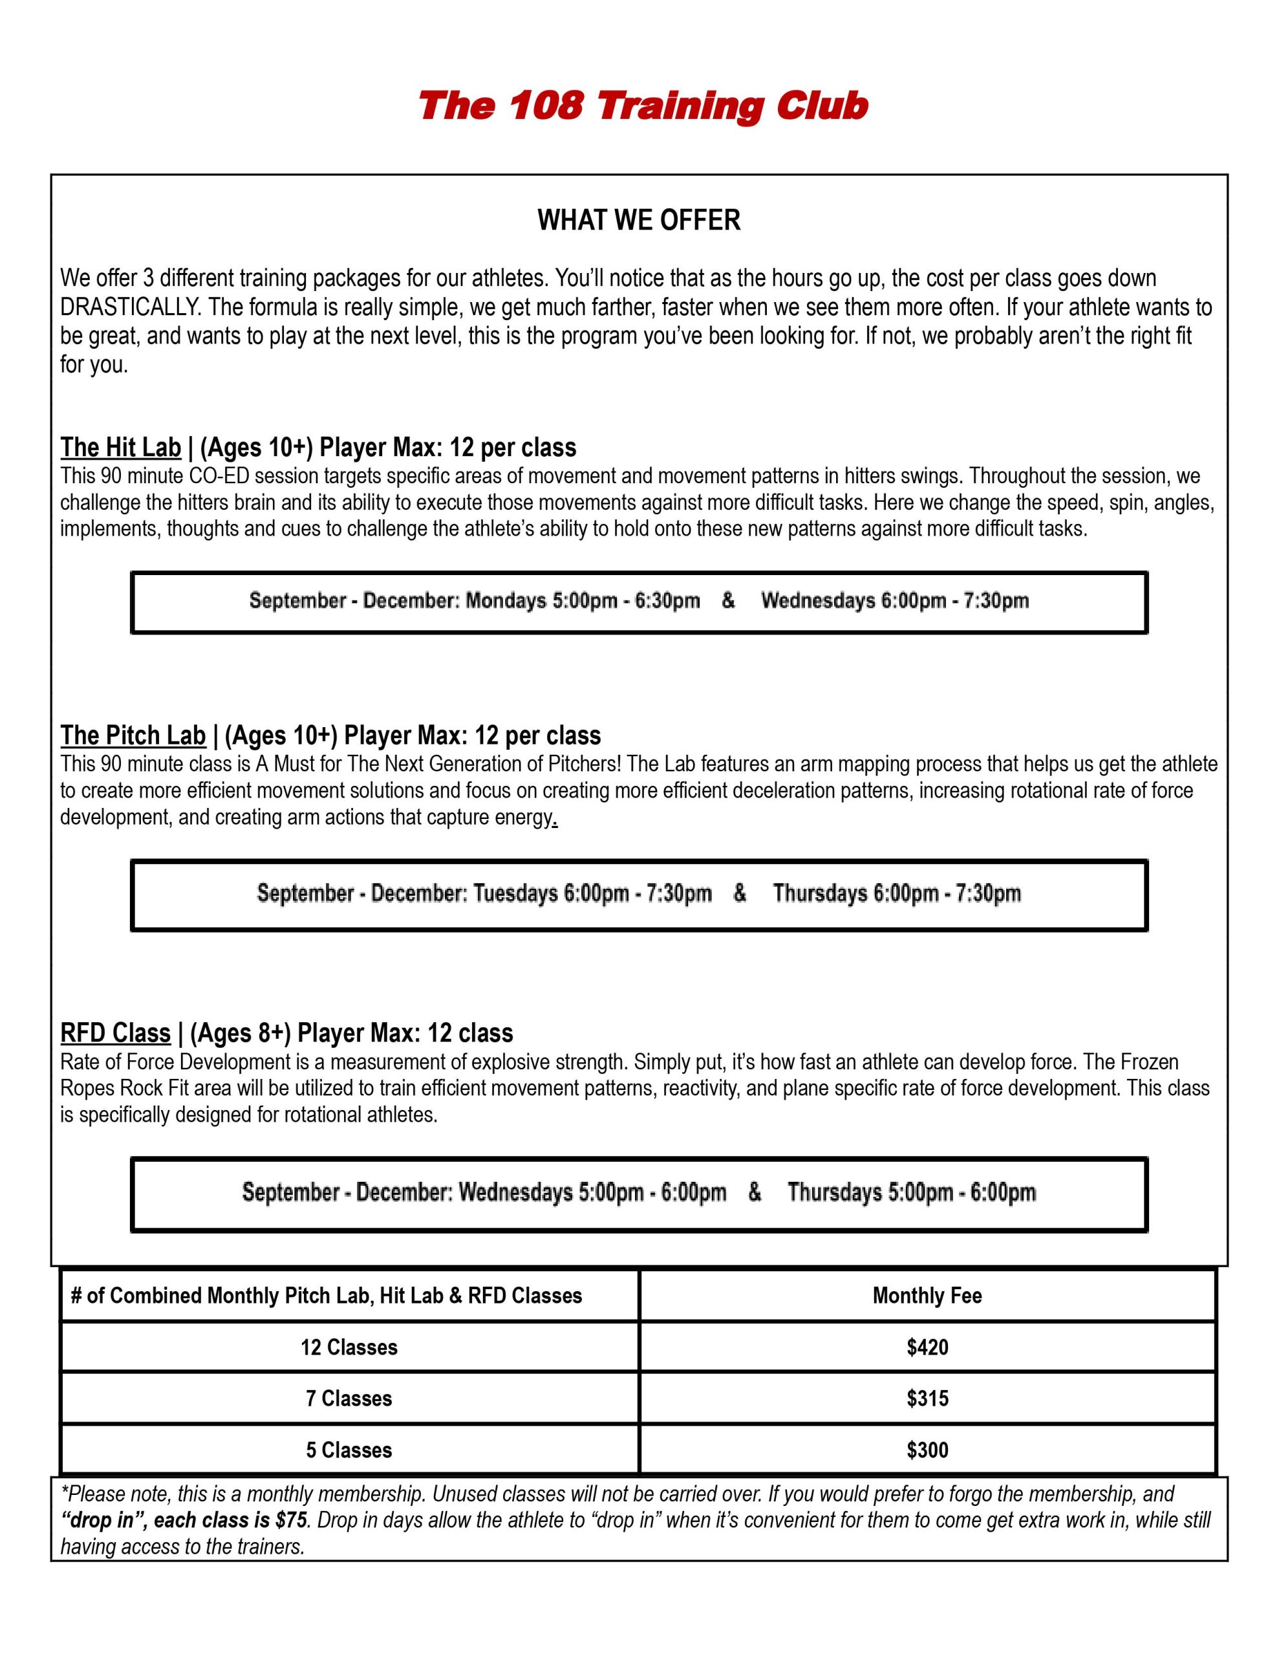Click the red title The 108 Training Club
(642, 106)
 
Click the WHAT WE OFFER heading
(638, 220)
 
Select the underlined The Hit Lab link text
(120, 448)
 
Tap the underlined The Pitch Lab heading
(133, 735)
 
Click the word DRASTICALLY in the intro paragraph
(129, 307)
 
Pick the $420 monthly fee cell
(927, 1347)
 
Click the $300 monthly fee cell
(927, 1450)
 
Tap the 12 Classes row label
(349, 1347)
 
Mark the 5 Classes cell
(349, 1450)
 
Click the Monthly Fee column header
(927, 1295)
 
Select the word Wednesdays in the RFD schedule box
(515, 1192)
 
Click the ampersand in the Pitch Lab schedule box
(740, 893)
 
